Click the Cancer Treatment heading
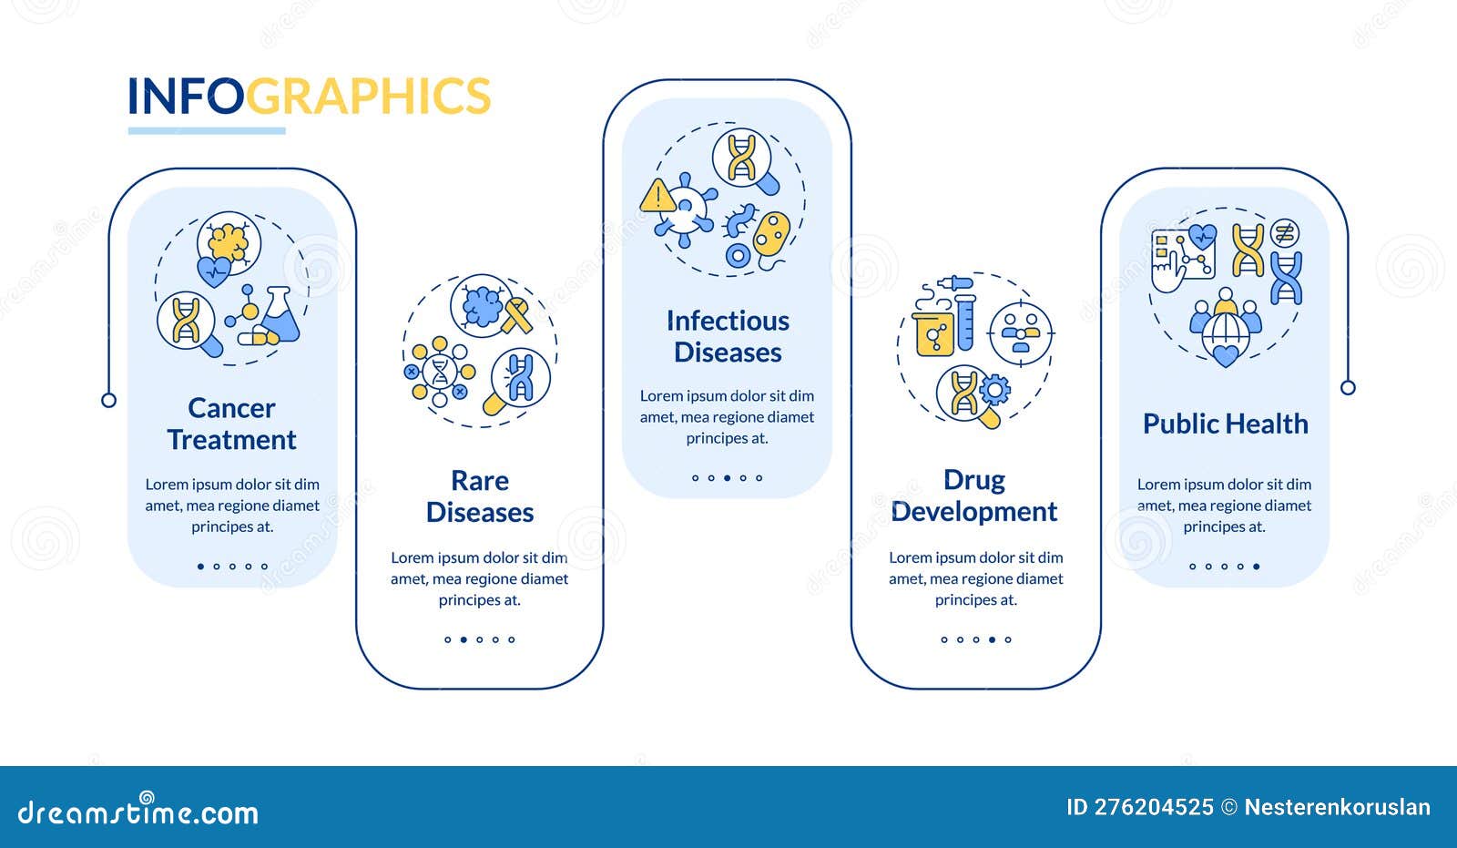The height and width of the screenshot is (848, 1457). click(231, 424)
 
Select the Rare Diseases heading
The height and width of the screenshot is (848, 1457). click(480, 496)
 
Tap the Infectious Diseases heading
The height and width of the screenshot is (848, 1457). click(728, 336)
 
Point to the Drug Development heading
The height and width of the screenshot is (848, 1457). click(974, 496)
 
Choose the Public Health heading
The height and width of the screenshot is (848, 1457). click(1225, 424)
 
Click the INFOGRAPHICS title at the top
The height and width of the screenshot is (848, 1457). click(309, 97)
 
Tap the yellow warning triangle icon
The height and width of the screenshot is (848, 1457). click(657, 197)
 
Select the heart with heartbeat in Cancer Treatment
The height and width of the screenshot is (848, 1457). click(215, 271)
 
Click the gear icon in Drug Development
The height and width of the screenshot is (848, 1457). click(994, 390)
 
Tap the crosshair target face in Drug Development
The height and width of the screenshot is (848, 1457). click(1020, 333)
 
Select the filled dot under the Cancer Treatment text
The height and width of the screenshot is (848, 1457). click(200, 567)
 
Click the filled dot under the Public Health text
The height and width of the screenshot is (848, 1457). click(1257, 567)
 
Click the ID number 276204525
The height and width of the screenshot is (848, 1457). click(1152, 807)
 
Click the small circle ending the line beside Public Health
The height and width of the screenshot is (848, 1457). click(1348, 388)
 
